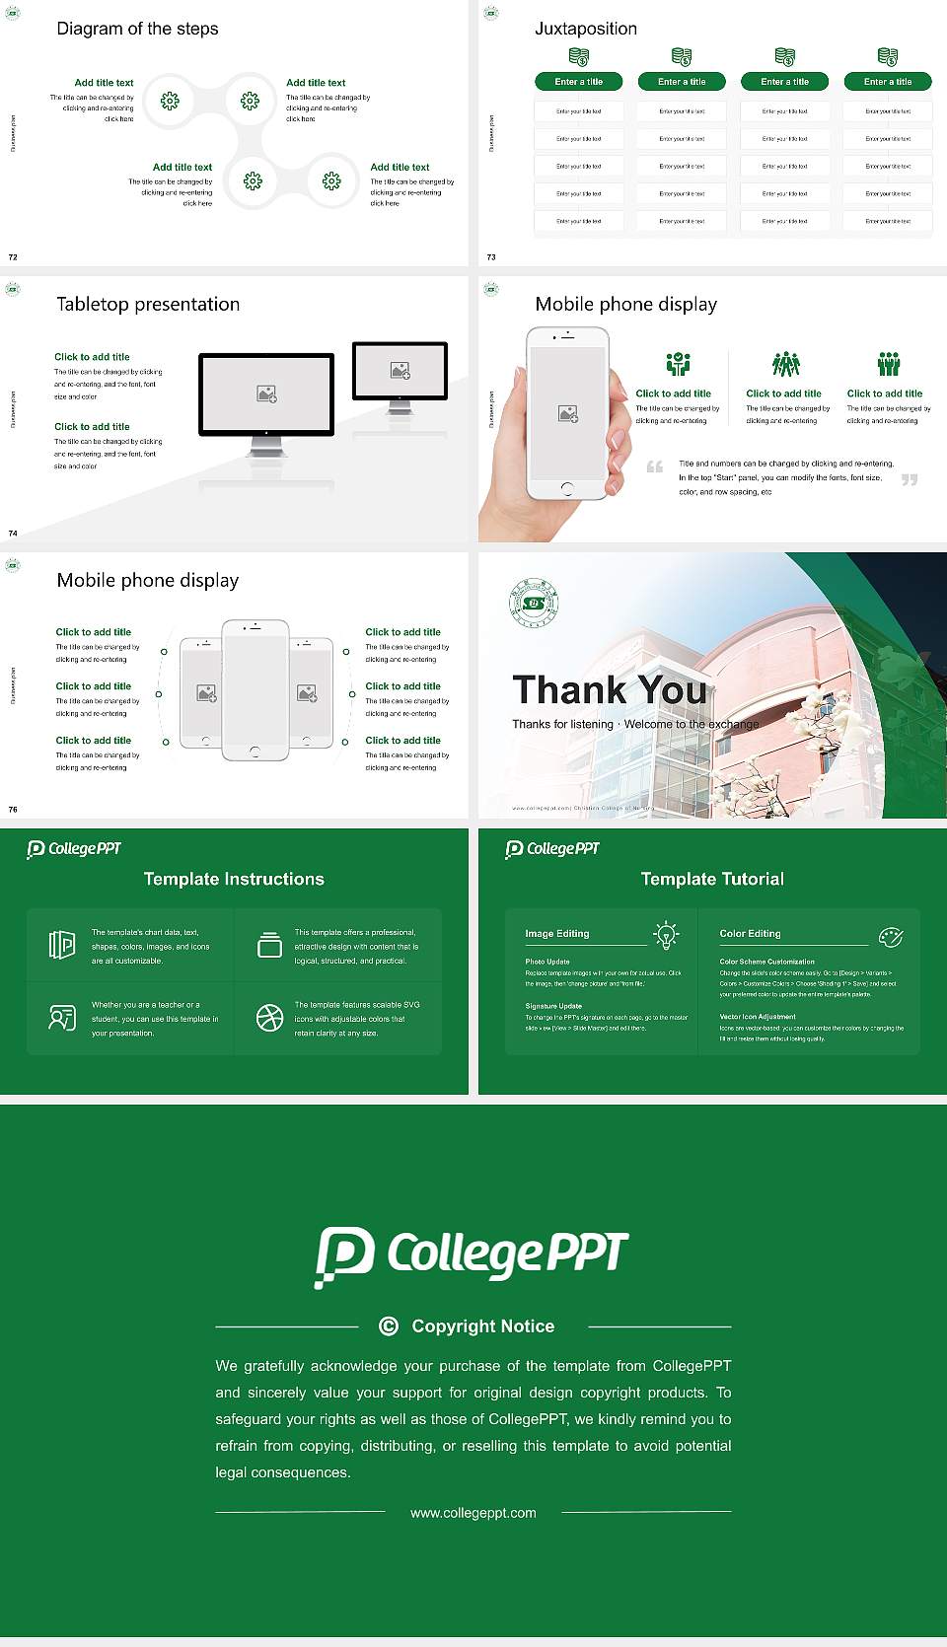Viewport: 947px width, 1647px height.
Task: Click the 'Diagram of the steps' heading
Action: [137, 29]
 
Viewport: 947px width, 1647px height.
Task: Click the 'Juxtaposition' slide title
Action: [585, 29]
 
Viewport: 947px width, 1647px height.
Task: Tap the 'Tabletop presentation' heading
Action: [148, 305]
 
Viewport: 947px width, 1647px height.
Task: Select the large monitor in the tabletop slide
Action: [266, 395]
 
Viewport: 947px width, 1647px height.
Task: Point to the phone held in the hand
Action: [567, 414]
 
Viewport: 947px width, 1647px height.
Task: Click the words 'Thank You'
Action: [610, 690]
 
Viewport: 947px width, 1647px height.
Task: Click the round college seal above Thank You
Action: [534, 603]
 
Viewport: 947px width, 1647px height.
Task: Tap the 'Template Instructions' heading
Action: [234, 879]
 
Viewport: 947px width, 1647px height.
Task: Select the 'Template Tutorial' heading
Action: [712, 879]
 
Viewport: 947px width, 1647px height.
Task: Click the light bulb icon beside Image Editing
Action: [666, 935]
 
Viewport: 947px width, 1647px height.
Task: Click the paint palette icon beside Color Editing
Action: [891, 936]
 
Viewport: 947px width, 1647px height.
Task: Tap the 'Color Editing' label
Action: [750, 934]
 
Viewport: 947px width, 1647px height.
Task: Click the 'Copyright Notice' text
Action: [482, 1326]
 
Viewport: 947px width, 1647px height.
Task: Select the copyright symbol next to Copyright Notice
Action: [389, 1326]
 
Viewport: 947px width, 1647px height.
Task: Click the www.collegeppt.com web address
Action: [473, 1513]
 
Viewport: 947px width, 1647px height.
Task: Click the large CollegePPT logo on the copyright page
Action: [472, 1255]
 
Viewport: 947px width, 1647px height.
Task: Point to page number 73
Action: [491, 257]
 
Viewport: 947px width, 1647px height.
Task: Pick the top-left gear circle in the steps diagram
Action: [170, 101]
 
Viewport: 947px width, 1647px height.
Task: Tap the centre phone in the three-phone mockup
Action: [255, 690]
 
